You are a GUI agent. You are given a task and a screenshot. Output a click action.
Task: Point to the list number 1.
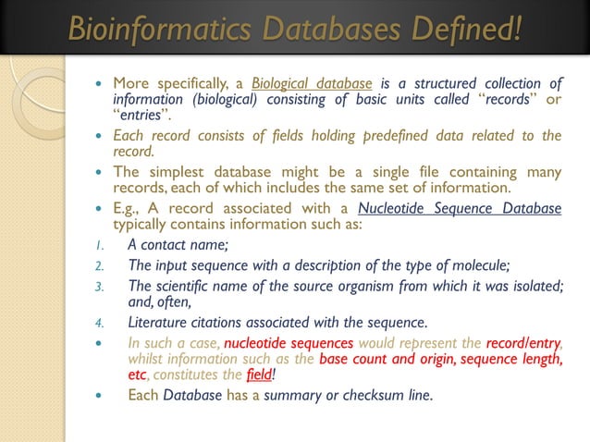102,245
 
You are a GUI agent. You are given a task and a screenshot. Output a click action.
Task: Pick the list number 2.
102,265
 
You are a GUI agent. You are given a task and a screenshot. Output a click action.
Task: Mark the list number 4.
102,323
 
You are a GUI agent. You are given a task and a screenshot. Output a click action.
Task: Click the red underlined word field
257,374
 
